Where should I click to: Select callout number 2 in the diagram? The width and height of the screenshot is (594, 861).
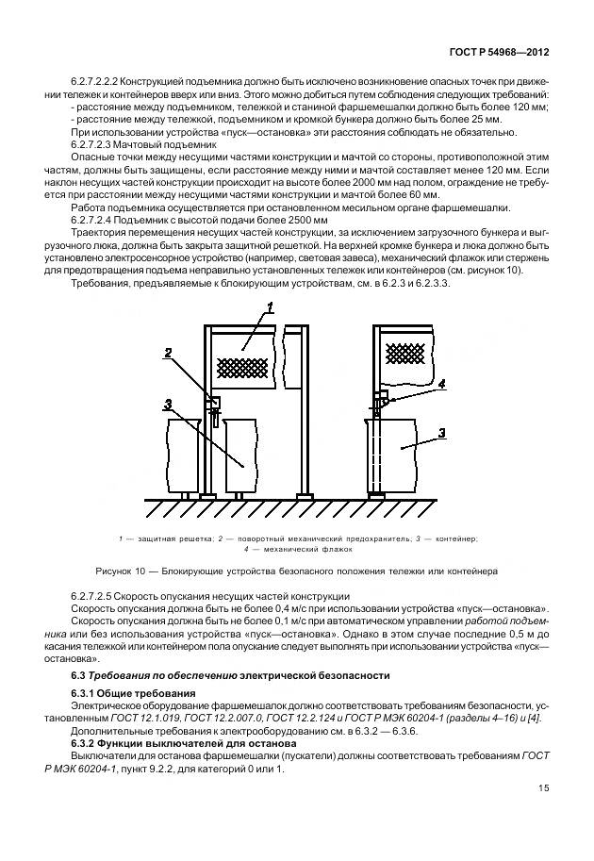(168, 354)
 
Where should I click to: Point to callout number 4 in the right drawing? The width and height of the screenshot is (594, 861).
(441, 384)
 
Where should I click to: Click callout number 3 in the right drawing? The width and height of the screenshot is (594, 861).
(441, 433)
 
